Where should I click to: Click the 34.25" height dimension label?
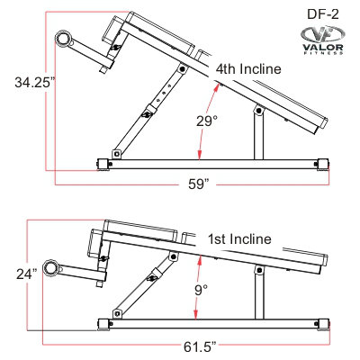(35, 82)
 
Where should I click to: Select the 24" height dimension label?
(27, 274)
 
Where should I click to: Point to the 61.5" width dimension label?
(200, 347)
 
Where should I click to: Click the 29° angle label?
(207, 121)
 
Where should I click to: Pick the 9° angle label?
(202, 290)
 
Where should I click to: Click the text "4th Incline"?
(248, 69)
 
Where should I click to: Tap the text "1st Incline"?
(239, 239)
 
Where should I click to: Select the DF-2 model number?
(323, 13)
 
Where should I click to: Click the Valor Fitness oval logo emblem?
(322, 34)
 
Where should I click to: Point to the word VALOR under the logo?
(323, 48)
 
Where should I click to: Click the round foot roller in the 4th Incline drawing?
(64, 39)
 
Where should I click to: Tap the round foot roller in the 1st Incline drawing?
(50, 268)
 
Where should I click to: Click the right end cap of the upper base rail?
(323, 164)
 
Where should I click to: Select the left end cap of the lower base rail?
(104, 324)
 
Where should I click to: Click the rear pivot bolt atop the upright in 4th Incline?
(258, 111)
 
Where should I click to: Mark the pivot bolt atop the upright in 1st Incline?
(259, 270)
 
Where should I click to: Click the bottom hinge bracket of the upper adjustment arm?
(117, 155)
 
